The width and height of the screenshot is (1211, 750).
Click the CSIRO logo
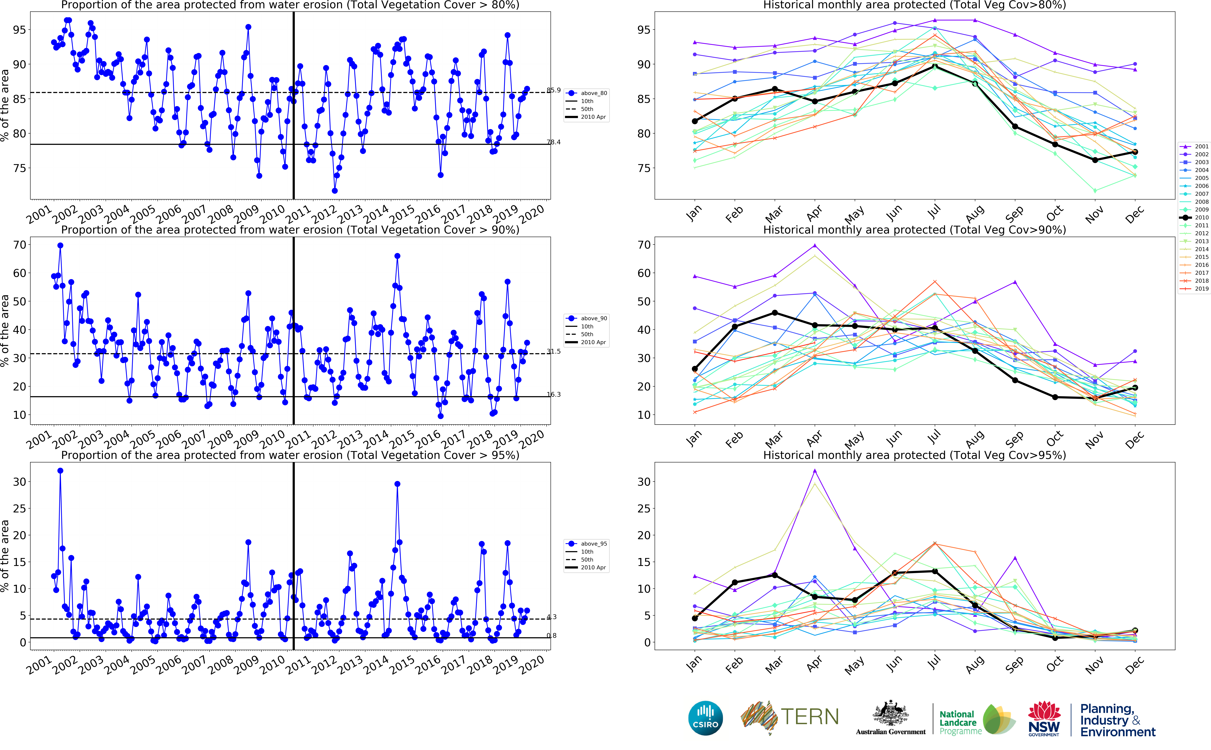click(x=705, y=718)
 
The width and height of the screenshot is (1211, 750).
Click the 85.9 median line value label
click(x=554, y=90)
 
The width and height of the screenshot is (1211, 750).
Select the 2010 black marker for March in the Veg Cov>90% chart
click(x=774, y=313)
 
